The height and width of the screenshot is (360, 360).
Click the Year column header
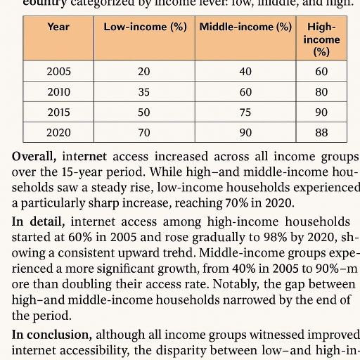58,27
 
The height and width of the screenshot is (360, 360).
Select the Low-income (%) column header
145,27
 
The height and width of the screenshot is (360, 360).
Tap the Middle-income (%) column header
245,27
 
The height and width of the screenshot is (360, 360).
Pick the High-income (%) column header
321,39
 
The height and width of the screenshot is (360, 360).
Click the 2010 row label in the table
58,92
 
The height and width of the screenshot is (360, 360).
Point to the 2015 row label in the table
58,112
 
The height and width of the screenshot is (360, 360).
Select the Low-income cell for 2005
145,72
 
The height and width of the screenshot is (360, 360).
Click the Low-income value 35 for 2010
145,92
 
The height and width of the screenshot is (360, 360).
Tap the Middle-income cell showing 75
245,112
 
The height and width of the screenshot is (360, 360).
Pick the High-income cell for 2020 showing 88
321,132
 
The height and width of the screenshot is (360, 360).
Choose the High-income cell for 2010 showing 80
321,92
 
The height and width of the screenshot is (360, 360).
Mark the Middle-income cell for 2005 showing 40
245,72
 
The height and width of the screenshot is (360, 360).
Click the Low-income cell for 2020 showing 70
145,132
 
